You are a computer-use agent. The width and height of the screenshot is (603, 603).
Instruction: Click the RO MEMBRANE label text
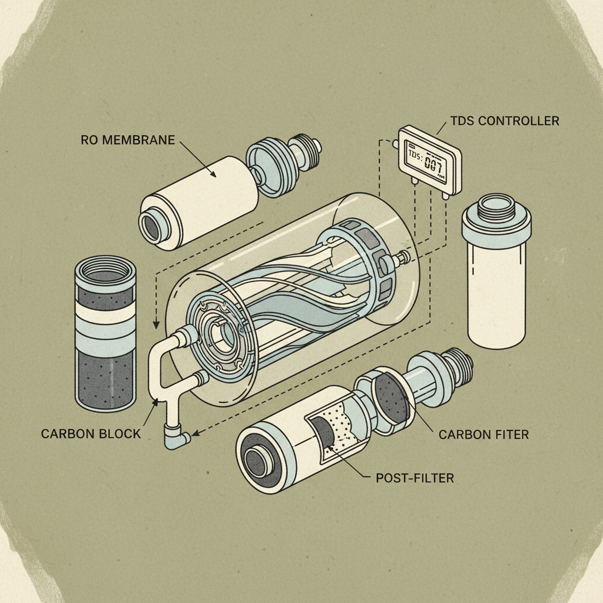[128, 141]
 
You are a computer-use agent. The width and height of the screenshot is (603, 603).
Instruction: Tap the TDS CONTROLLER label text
[505, 121]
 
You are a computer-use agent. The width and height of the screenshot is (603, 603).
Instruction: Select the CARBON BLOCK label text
[91, 433]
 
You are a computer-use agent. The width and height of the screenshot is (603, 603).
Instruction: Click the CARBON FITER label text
[483, 435]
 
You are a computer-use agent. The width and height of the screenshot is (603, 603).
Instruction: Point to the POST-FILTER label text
[415, 478]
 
